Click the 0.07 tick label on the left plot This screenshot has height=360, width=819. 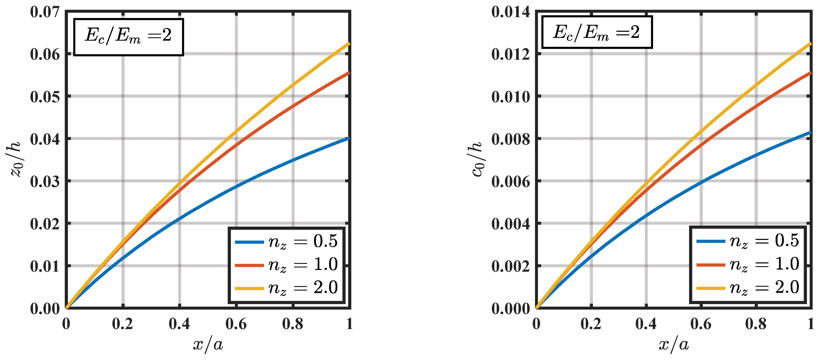(45, 12)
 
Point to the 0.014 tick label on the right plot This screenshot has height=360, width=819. (511, 12)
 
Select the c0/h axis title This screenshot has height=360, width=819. (476, 159)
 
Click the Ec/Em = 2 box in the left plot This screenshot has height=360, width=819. (128, 37)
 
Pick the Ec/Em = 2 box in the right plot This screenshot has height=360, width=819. (597, 32)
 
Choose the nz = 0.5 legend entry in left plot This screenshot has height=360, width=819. (286, 242)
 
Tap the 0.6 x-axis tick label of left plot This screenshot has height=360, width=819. (236, 324)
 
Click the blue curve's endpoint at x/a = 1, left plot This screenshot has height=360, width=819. (349, 138)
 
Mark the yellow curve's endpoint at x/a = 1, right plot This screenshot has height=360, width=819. (810, 44)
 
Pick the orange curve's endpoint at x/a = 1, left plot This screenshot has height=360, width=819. (349, 73)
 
